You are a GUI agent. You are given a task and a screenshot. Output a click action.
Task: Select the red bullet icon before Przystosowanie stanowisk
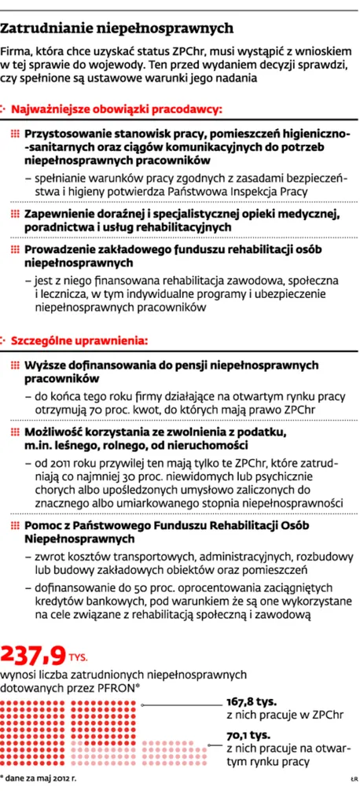tap(15, 134)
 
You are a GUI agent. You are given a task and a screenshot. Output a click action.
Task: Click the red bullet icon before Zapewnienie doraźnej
tap(15, 213)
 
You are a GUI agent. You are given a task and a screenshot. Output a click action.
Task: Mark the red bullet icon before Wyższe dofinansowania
tap(15, 366)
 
